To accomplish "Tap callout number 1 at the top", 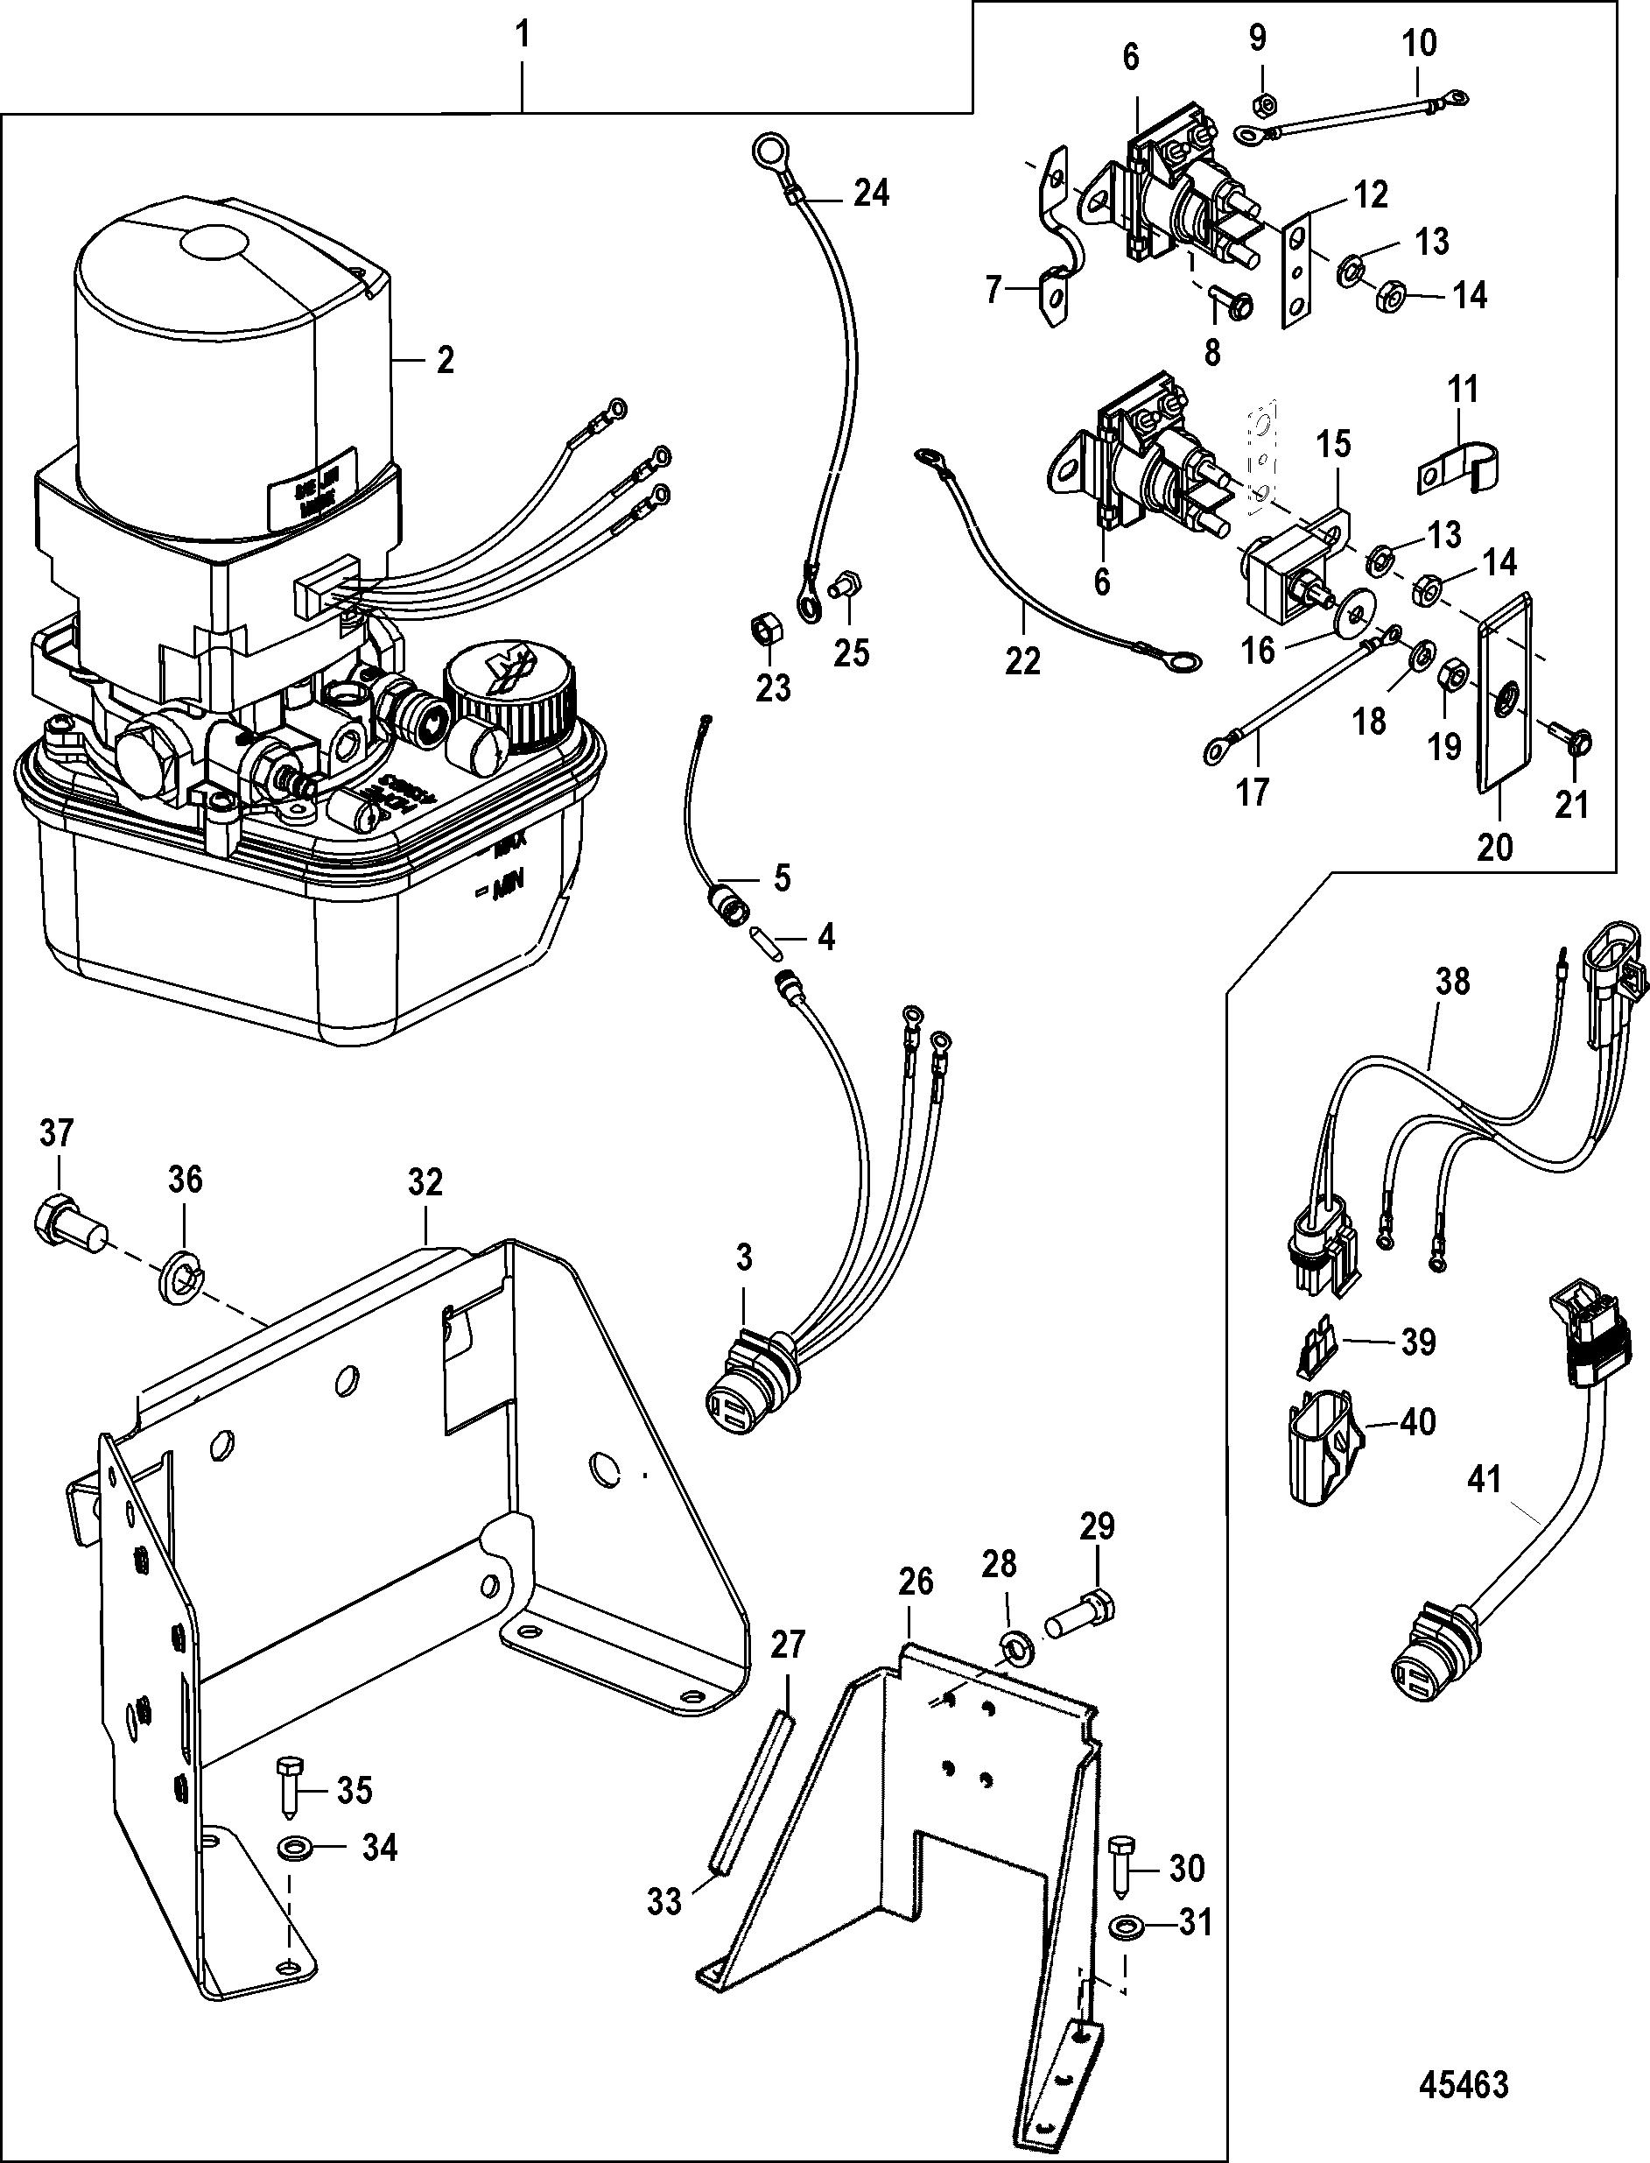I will pyautogui.click(x=523, y=37).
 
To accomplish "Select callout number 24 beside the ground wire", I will pyautogui.click(x=870, y=194).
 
